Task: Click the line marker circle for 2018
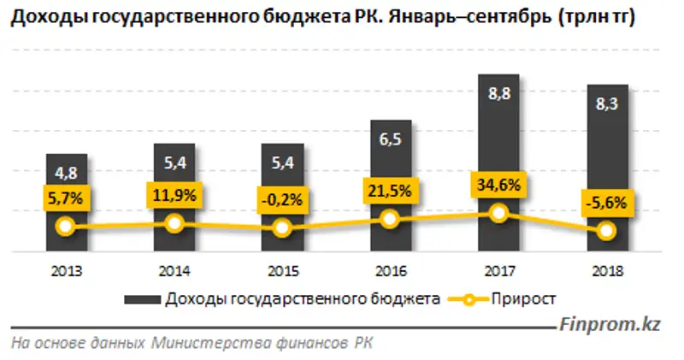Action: tap(606, 230)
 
